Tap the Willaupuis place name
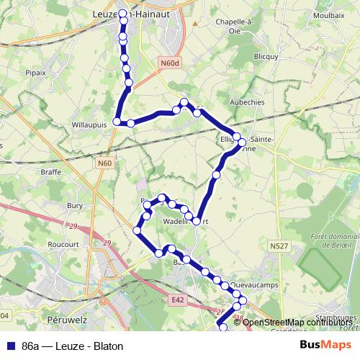[89, 124]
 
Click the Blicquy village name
[266, 56]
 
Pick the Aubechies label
[247, 102]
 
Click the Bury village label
[75, 205]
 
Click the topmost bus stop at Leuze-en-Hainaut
[122, 14]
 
